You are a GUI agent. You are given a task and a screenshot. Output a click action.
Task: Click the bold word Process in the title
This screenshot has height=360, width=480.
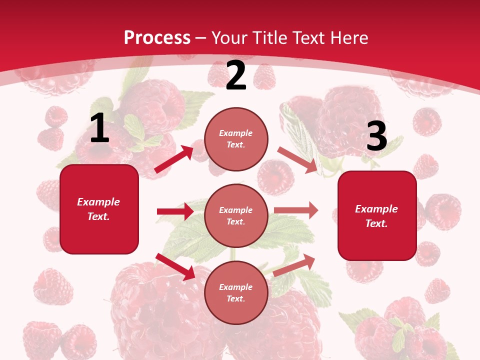(157, 37)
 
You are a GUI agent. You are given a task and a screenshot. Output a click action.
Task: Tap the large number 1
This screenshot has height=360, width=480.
(99, 128)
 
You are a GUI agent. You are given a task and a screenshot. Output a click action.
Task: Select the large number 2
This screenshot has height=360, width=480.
(236, 76)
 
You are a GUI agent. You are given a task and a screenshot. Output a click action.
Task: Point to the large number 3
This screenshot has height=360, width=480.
(376, 136)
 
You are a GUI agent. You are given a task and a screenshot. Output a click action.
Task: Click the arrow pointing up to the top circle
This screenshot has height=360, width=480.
(174, 159)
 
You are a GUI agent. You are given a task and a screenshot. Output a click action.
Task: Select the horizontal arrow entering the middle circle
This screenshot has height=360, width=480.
(175, 211)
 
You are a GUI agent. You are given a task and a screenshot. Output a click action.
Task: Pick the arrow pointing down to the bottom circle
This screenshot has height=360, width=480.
(175, 266)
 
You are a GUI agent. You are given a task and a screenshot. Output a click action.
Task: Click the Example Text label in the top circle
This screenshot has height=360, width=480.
(236, 139)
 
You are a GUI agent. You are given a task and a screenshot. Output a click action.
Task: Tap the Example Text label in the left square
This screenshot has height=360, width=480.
(99, 209)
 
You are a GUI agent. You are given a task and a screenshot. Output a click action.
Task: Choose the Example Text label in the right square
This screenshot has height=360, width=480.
(377, 216)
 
